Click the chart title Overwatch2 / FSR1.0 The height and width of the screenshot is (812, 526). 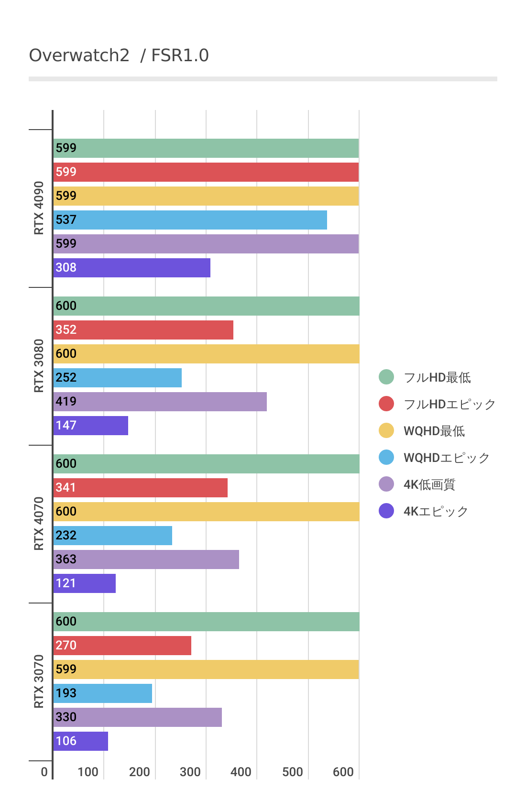(119, 55)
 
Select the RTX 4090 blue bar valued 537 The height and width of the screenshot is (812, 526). (190, 220)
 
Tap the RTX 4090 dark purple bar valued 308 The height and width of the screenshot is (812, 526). (131, 268)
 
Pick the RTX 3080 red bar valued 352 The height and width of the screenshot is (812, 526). (143, 330)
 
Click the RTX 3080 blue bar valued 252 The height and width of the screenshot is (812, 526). (117, 378)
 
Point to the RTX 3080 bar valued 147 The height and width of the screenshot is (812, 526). (90, 426)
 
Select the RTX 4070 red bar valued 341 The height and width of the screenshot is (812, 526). (140, 488)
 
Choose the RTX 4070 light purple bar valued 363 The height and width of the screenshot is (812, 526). (146, 560)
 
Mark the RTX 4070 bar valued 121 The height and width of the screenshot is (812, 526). (84, 583)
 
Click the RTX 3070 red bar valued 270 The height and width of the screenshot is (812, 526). (122, 646)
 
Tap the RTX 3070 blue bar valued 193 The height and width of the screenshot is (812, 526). (102, 693)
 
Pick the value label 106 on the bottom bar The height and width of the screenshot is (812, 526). (66, 741)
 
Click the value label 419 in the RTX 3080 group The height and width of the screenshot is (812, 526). (66, 402)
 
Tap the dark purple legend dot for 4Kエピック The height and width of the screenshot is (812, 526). (386, 511)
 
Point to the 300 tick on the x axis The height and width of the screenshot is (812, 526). (190, 772)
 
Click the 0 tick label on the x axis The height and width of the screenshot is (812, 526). (44, 772)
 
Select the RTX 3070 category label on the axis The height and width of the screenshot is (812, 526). (39, 681)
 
